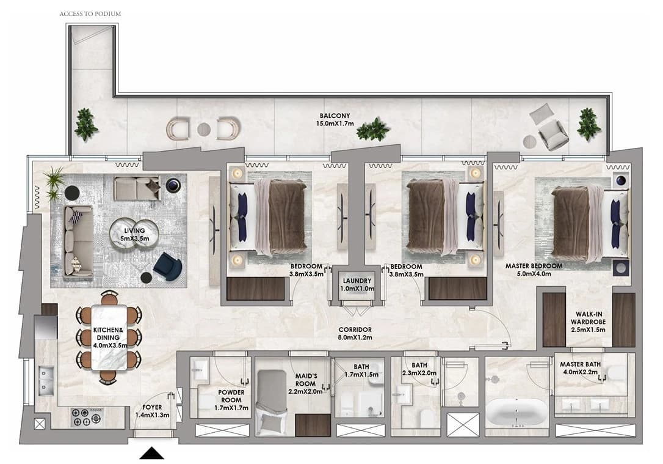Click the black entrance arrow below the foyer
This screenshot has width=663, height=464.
(152, 454)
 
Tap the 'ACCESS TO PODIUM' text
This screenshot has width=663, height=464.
(90, 13)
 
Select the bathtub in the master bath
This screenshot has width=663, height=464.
(516, 413)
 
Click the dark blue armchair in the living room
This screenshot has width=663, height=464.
(168, 267)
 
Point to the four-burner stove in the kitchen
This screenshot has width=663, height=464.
(86, 416)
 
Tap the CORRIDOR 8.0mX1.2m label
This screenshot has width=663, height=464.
(355, 333)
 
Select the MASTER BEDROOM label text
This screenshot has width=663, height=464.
(534, 266)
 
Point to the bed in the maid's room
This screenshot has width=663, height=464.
(272, 402)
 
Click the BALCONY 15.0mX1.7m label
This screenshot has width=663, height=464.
(335, 119)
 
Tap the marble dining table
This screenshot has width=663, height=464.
(109, 337)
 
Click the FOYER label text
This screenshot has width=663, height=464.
(152, 407)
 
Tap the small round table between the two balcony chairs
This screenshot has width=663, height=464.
(204, 129)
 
